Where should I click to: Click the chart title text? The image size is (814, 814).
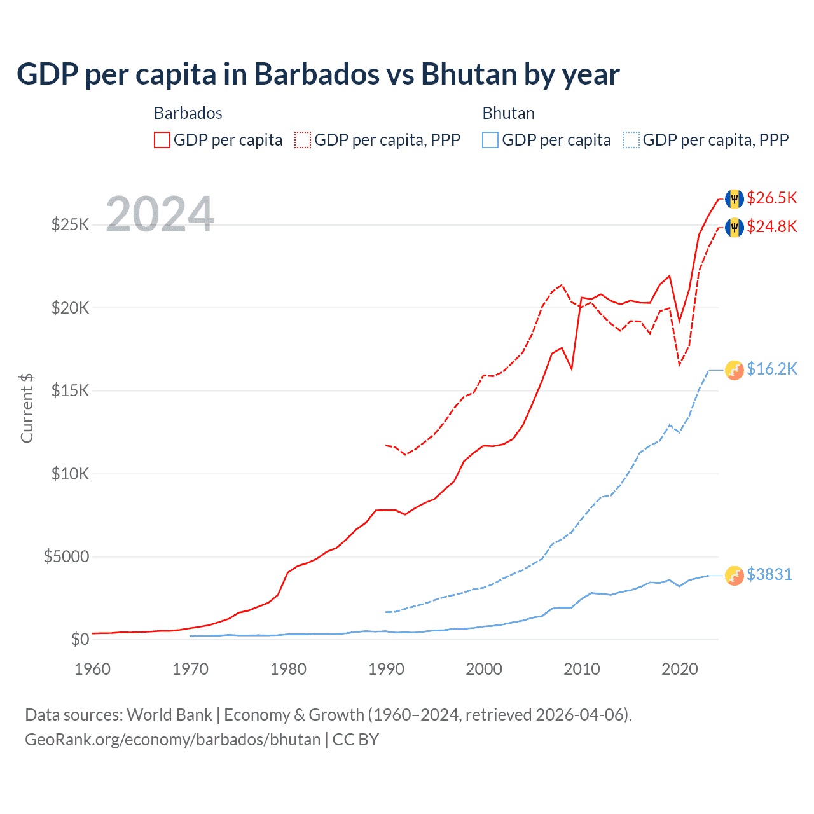317,74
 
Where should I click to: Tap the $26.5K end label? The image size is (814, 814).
771,198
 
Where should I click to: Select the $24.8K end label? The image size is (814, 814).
771,226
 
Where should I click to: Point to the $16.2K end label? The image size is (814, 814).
771,369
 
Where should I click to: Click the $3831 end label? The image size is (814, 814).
769,574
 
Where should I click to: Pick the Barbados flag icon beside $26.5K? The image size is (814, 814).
735,198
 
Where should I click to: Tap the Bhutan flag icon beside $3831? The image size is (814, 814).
735,575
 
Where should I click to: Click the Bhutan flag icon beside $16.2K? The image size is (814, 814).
735,370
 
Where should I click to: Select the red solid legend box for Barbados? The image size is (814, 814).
162,140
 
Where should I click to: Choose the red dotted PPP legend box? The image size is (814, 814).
303,140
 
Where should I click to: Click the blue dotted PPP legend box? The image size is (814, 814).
631,140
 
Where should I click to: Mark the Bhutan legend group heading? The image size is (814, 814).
508,113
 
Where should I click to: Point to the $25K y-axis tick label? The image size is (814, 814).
70,224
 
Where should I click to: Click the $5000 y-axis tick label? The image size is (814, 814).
66,557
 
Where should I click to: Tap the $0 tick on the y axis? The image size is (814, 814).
79,639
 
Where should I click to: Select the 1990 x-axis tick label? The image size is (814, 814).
386,669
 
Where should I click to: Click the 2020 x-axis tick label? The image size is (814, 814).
680,669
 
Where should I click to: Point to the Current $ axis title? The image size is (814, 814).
27,408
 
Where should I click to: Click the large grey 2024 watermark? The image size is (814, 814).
160,214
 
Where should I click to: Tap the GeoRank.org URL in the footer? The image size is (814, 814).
172,740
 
